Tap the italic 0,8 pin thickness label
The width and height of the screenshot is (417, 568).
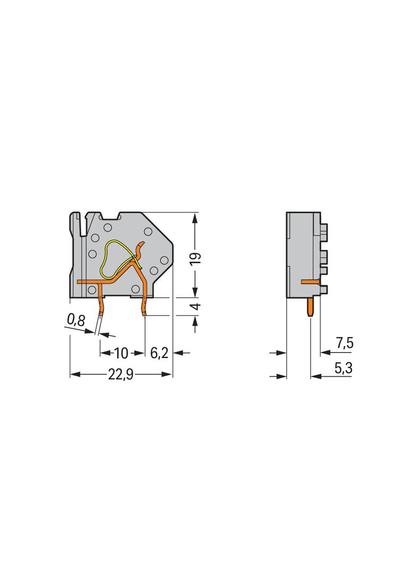pos(76,320)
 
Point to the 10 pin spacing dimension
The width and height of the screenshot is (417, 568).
pos(121,353)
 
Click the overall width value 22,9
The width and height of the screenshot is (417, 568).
pos(121,375)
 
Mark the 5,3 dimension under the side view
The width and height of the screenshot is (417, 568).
pos(344,368)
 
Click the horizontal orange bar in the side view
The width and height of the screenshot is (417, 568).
pos(311,280)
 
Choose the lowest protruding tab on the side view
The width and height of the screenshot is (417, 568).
pos(324,289)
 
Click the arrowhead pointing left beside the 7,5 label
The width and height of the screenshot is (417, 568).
pos(323,353)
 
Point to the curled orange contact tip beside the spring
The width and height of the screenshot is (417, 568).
pos(140,246)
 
